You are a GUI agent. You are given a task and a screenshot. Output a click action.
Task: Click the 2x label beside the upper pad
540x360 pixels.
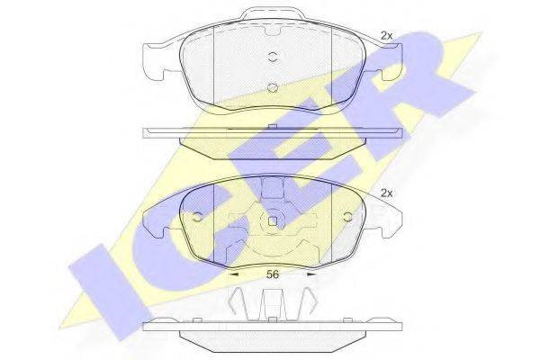[x=386, y=36]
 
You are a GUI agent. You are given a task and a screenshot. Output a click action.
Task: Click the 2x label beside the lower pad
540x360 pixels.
[x=386, y=193]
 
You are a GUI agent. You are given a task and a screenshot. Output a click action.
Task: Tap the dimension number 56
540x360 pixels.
[x=272, y=274]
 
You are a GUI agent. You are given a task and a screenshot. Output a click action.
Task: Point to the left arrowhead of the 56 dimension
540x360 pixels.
[x=233, y=274]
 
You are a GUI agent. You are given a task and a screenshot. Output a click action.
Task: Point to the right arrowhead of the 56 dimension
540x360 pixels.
[x=311, y=274]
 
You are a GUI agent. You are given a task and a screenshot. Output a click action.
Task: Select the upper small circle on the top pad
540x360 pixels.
[x=273, y=57]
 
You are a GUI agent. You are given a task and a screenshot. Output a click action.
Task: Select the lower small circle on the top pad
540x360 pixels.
[x=273, y=88]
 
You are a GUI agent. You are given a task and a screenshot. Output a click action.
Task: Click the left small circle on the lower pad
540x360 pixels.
[x=197, y=217]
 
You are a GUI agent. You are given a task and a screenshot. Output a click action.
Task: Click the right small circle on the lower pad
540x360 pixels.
[x=347, y=217]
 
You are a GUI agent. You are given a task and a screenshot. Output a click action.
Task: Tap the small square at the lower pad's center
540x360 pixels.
[x=273, y=220]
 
